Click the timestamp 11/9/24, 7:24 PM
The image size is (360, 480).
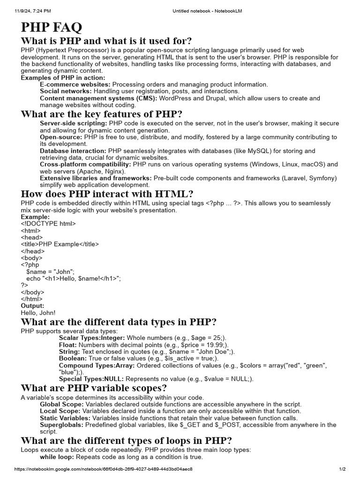(33, 10)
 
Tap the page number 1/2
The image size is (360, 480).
(342, 469)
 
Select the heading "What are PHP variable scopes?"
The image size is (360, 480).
(94, 388)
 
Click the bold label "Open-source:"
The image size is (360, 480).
(61, 137)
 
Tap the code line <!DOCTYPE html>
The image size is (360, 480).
(48, 224)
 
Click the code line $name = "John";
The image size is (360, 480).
(51, 271)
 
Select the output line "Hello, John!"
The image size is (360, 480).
(38, 312)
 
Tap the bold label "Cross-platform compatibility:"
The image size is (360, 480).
(85, 165)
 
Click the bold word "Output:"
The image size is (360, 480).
(33, 306)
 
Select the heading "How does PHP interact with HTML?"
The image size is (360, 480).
(107, 194)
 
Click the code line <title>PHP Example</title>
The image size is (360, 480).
(60, 244)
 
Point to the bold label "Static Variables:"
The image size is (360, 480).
(65, 418)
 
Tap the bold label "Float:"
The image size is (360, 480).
(67, 345)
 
